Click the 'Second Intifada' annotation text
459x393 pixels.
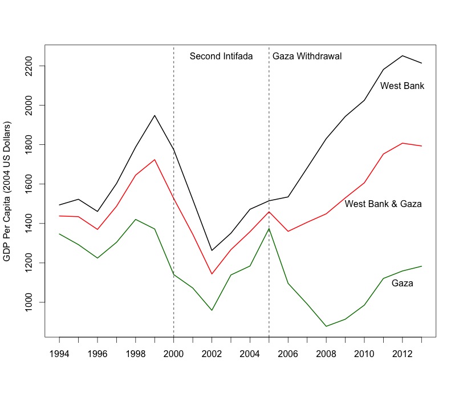click(x=221, y=56)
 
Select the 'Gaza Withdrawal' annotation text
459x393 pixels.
click(x=307, y=56)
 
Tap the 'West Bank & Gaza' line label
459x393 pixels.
click(x=383, y=204)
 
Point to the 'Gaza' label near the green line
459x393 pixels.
click(x=402, y=283)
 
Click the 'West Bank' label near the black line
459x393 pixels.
click(x=402, y=86)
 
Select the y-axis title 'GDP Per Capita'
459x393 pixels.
click(x=7, y=191)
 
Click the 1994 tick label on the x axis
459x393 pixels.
click(x=59, y=354)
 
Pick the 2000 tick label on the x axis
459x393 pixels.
click(x=173, y=354)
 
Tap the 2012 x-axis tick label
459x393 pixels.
click(x=402, y=354)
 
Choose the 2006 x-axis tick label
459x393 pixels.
click(x=288, y=354)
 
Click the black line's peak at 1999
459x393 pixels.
click(x=155, y=115)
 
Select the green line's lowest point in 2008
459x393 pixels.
click(x=326, y=326)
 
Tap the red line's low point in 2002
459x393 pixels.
click(x=212, y=274)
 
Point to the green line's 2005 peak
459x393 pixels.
click(x=269, y=228)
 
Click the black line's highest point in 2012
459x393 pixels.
click(x=402, y=55)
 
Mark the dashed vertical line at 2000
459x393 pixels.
click(x=173, y=171)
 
